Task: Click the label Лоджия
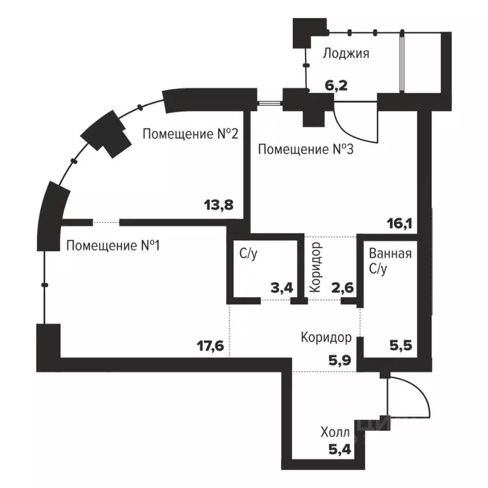tap(346, 53)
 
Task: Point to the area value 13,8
tap(219, 205)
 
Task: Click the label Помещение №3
tap(306, 150)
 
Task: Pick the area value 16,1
tap(400, 223)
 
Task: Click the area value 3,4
tap(283, 288)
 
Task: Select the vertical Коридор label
tap(316, 266)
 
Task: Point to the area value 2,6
tap(343, 288)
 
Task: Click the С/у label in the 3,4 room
tap(248, 254)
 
